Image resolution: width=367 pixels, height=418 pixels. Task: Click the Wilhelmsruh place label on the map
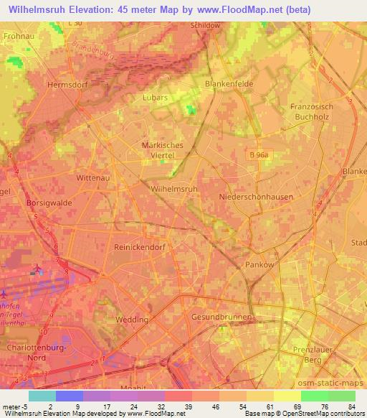(x=174, y=189)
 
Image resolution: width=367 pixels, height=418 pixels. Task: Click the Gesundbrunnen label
(x=221, y=317)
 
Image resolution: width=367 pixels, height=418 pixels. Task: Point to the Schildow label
(x=205, y=24)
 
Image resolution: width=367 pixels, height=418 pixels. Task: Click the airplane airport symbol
(x=37, y=271)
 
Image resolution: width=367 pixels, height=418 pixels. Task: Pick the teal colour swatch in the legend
(x=43, y=396)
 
